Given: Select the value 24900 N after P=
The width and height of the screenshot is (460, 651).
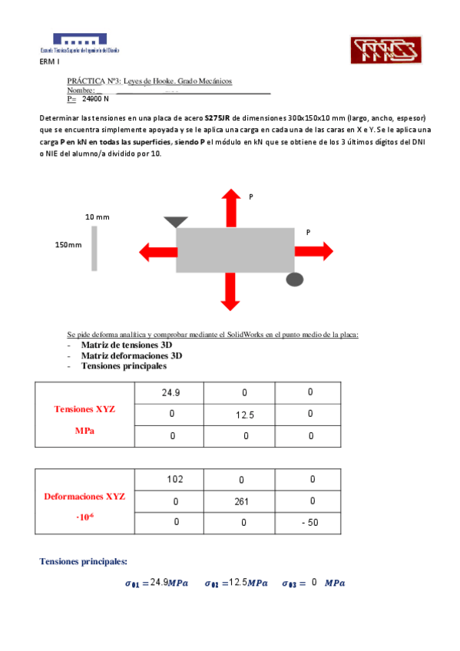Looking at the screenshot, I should pyautogui.click(x=95, y=99).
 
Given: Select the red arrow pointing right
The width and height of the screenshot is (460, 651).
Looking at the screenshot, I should pyautogui.click(x=313, y=250).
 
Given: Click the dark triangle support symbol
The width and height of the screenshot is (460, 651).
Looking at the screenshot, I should pyautogui.click(x=176, y=222).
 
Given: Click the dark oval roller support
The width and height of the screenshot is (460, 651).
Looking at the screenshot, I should pyautogui.click(x=295, y=279).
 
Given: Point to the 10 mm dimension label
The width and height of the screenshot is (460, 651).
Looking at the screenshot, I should pyautogui.click(x=97, y=217).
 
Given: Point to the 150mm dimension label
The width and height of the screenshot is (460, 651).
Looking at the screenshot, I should pyautogui.click(x=68, y=244).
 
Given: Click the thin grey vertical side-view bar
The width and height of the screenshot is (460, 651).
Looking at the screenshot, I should pyautogui.click(x=94, y=248).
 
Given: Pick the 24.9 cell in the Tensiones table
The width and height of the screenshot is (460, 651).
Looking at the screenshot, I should pyautogui.click(x=170, y=392).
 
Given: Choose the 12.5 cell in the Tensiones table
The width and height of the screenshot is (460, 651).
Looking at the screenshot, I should pyautogui.click(x=245, y=415).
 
